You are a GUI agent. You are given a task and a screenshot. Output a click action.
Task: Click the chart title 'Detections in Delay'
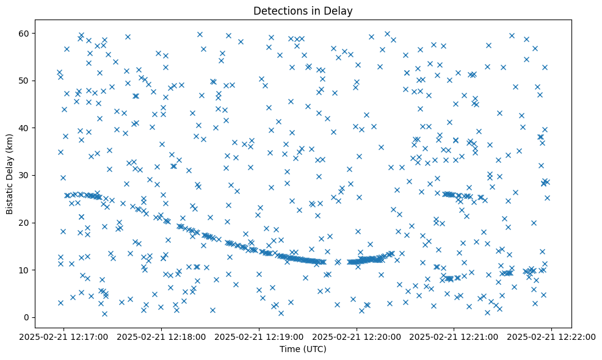(303, 11)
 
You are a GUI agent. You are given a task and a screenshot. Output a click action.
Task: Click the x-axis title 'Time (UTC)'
(303, 349)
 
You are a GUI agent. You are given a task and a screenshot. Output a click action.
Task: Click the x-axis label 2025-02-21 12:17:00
(64, 336)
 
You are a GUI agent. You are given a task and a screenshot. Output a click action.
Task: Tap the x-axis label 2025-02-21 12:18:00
(162, 336)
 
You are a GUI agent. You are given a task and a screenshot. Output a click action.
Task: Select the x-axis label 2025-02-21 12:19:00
(259, 336)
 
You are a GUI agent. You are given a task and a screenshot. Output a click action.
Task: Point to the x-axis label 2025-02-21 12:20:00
(357, 336)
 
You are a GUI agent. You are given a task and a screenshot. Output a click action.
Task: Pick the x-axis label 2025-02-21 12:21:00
(454, 336)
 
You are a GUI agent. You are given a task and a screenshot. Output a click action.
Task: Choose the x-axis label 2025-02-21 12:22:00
(551, 336)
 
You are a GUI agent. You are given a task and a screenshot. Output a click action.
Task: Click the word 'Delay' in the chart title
(341, 11)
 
